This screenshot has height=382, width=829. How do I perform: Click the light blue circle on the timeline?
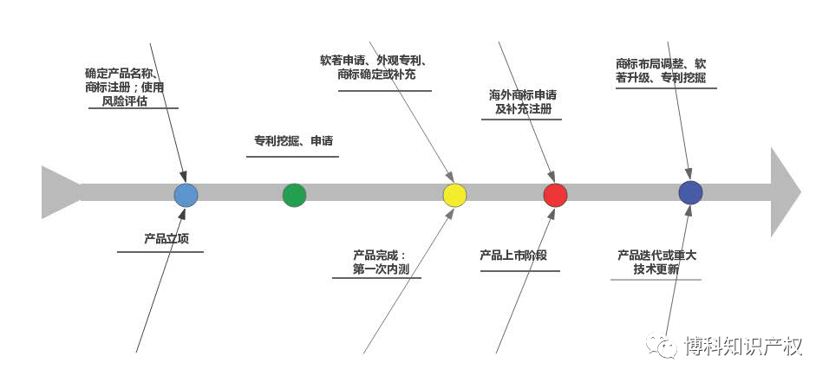point(186,195)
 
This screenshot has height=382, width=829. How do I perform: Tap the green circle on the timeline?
point(294,195)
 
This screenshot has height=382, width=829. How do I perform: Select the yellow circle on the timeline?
point(454,195)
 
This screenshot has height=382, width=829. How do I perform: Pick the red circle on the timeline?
point(555,195)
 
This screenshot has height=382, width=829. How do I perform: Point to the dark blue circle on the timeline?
point(690,192)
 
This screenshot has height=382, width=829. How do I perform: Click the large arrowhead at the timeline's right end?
point(784,192)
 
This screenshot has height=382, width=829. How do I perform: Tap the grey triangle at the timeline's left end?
point(59,192)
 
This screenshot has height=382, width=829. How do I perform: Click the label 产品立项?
point(166,238)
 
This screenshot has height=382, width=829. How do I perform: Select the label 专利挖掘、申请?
point(293,141)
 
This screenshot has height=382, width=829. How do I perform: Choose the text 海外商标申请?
point(523,94)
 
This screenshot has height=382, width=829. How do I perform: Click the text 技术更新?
point(656,269)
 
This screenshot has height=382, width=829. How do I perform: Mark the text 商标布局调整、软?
point(661,63)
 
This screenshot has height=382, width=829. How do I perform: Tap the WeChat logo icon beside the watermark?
point(666,347)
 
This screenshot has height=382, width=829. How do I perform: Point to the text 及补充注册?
point(523,110)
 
